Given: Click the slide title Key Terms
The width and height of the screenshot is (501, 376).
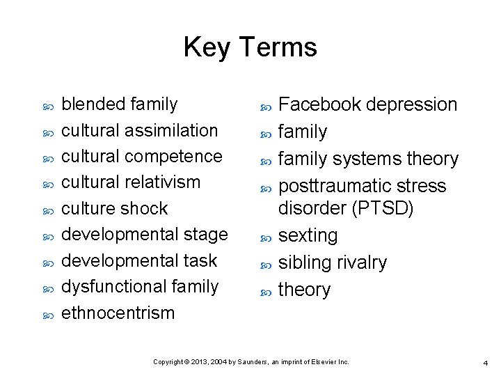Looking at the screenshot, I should [x=250, y=47].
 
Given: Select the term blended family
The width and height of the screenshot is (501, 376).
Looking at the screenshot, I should [x=120, y=104].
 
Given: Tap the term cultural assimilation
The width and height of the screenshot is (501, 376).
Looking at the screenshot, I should [x=140, y=130].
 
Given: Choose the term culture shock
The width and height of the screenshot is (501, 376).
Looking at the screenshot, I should [x=115, y=208].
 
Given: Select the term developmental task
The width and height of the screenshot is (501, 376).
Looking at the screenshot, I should [x=140, y=260].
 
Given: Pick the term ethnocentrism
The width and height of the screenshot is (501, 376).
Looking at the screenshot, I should [x=118, y=313].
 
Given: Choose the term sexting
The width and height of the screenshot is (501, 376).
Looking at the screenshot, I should [x=308, y=235].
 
